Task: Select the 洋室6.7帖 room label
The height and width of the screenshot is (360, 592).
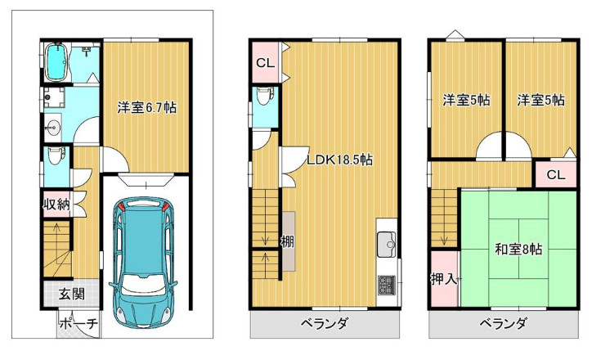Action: [147, 107]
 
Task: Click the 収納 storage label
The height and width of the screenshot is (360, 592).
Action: [56, 204]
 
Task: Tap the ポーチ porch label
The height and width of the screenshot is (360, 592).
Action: [78, 324]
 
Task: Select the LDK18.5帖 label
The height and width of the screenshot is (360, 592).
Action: [339, 160]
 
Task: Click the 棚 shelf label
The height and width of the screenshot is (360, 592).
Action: [286, 242]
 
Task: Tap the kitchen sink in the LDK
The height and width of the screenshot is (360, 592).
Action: [387, 244]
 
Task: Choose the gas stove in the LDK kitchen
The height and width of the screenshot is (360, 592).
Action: [386, 286]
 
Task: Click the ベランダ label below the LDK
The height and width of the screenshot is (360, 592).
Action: [325, 324]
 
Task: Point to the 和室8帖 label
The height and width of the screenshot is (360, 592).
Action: [517, 250]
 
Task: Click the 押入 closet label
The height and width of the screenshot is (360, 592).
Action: [442, 280]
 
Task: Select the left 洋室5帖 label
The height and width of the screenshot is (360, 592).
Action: [466, 101]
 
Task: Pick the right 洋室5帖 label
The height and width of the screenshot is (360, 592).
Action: [540, 101]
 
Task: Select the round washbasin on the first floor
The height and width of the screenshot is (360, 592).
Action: [54, 127]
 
